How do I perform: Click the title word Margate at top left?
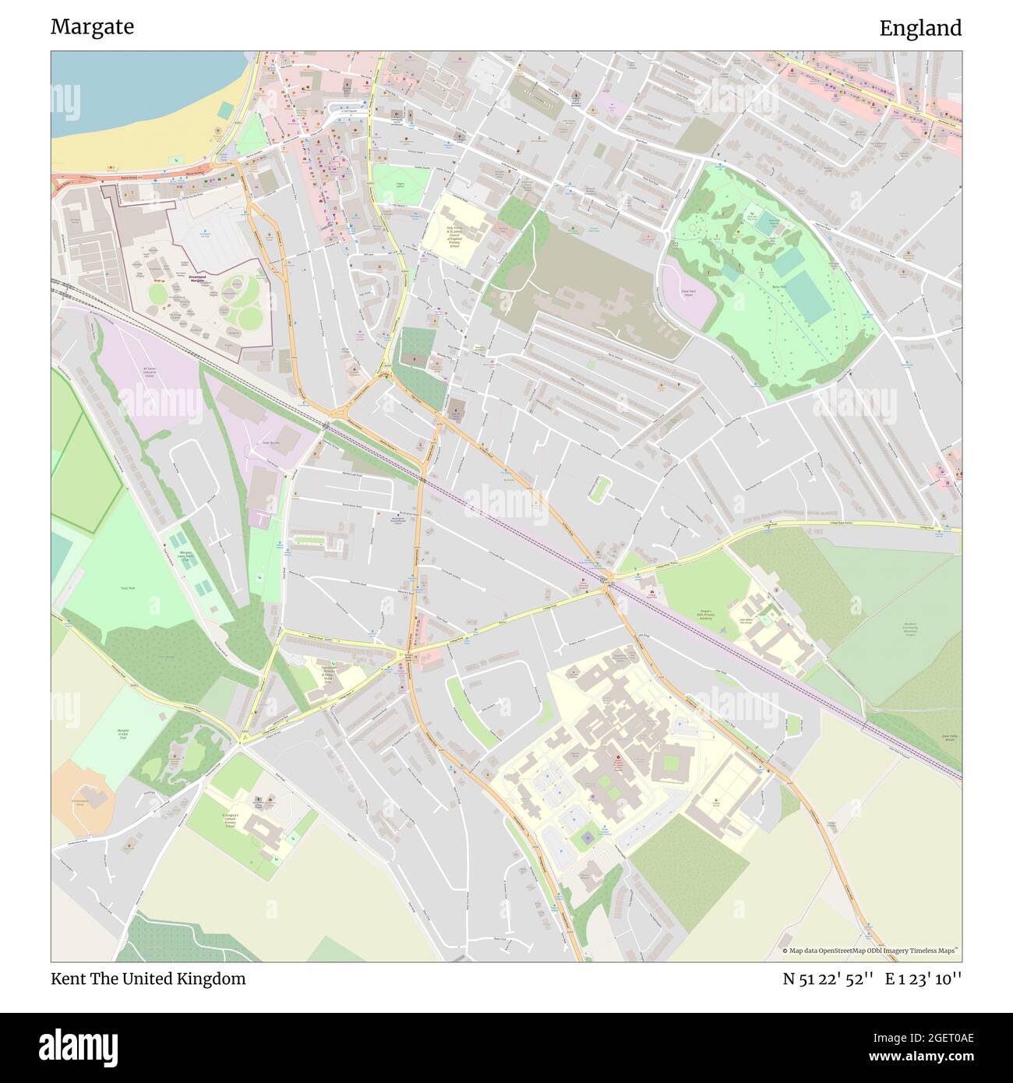(x=92, y=27)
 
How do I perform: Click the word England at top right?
(x=920, y=29)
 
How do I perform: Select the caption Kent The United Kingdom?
(x=148, y=979)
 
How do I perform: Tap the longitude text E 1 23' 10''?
(x=923, y=979)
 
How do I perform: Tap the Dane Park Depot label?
(x=687, y=295)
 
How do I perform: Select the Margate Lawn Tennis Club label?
(x=187, y=557)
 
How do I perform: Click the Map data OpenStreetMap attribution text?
(x=870, y=951)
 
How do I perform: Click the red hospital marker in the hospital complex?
(x=619, y=757)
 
